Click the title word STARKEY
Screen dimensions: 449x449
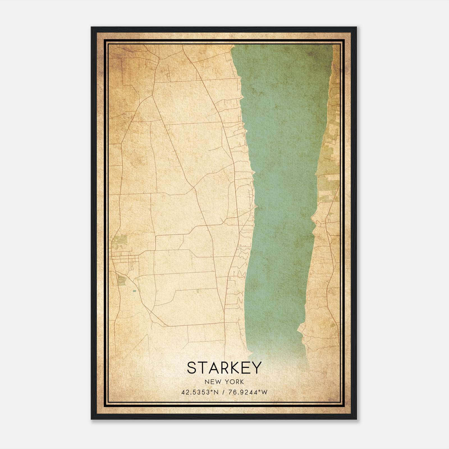(224, 368)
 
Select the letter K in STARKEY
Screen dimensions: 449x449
(234, 368)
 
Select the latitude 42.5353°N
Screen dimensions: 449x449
(200, 392)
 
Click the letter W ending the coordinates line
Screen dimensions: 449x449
(265, 392)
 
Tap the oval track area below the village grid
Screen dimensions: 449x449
(122, 280)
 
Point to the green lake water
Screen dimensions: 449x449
(281, 168)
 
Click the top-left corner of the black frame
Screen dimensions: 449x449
(92, 28)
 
